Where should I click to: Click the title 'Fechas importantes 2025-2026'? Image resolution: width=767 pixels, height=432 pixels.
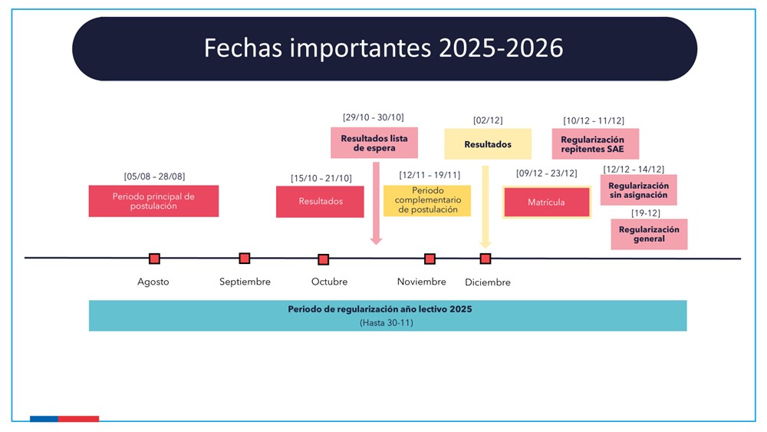[x=383, y=48]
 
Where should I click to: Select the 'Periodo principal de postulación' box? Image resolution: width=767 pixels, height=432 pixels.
[x=153, y=201]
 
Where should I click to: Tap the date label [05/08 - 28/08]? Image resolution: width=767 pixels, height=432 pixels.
[x=155, y=176]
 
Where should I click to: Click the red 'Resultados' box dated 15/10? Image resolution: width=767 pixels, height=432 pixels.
[x=320, y=202]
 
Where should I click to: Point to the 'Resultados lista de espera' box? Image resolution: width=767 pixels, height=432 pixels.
[x=374, y=143]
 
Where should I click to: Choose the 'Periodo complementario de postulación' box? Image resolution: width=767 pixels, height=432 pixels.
[x=427, y=200]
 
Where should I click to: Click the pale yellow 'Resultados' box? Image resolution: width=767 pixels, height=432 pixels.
[x=488, y=143]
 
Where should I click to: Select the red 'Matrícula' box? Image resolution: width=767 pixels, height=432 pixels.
[x=546, y=202]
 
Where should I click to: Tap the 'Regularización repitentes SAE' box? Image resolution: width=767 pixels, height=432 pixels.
[x=595, y=143]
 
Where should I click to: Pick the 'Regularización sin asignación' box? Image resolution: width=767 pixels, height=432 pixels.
[x=638, y=190]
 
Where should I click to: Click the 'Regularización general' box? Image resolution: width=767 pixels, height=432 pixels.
[x=649, y=234]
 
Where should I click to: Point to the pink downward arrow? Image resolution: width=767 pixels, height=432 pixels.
[x=376, y=203]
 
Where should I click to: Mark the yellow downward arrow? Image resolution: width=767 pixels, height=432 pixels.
[x=486, y=207]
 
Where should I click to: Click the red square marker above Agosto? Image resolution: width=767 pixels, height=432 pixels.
[x=155, y=259]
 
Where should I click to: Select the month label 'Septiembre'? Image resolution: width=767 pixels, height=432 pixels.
[x=245, y=282]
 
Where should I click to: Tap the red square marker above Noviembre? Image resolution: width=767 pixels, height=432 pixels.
[x=430, y=259]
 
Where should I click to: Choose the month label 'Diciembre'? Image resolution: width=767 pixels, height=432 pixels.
[x=488, y=282]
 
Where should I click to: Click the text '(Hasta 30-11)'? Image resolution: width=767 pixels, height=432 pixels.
[x=387, y=323]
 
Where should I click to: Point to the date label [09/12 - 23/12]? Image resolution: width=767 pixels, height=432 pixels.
[x=546, y=173]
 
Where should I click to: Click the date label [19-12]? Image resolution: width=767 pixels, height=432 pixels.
[x=646, y=213]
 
